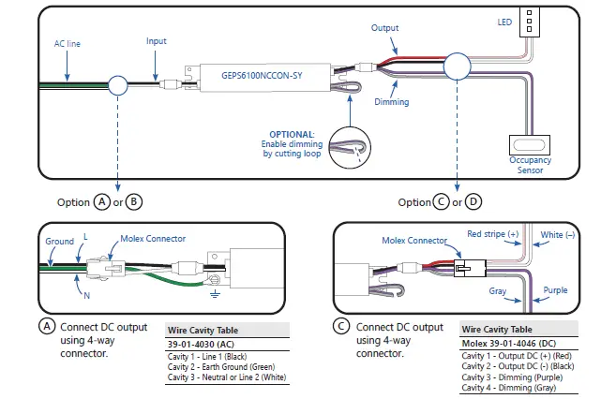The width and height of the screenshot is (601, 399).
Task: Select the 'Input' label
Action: pos(158,42)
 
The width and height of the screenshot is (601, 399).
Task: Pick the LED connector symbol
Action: pos(532,22)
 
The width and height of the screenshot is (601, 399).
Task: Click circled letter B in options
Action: pos(134,202)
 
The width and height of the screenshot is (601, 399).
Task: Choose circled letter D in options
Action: pos(473,202)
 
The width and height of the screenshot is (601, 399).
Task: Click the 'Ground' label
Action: pos(60,241)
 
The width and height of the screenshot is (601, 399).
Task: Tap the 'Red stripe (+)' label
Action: pos(492,233)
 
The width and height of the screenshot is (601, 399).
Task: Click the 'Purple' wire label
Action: pos(554,290)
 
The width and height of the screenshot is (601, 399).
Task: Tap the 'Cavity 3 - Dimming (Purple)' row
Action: pos(513,377)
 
